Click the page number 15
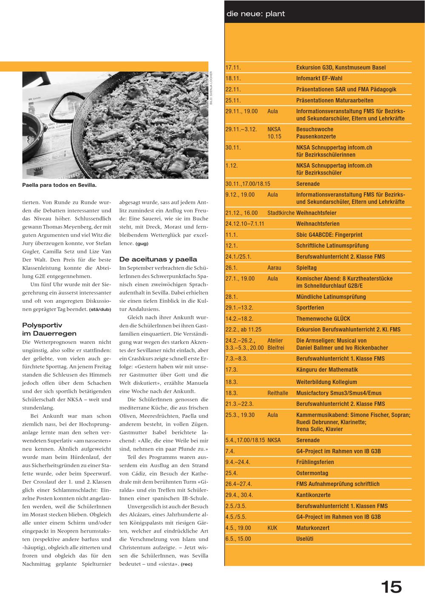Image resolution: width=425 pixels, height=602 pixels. pyautogui.click(x=391, y=587)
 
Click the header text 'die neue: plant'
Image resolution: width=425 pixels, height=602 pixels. pyautogui.click(x=255, y=14)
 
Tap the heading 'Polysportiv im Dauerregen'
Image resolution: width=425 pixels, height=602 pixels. pyautogui.click(x=49, y=329)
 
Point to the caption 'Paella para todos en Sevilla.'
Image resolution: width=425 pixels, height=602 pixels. pyautogui.click(x=59, y=185)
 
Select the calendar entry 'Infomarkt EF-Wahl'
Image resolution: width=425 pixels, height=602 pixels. pyautogui.click(x=319, y=78)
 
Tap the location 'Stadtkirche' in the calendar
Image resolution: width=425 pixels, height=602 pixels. pyautogui.click(x=281, y=213)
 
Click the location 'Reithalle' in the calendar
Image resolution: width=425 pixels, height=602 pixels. pyautogui.click(x=278, y=393)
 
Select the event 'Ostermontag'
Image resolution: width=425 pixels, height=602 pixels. pyautogui.click(x=312, y=473)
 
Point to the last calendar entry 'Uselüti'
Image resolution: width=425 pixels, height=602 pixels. pyautogui.click(x=305, y=539)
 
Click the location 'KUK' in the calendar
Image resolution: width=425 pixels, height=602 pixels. pyautogui.click(x=272, y=528)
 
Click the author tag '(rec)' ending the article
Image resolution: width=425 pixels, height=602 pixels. pyautogui.click(x=187, y=565)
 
